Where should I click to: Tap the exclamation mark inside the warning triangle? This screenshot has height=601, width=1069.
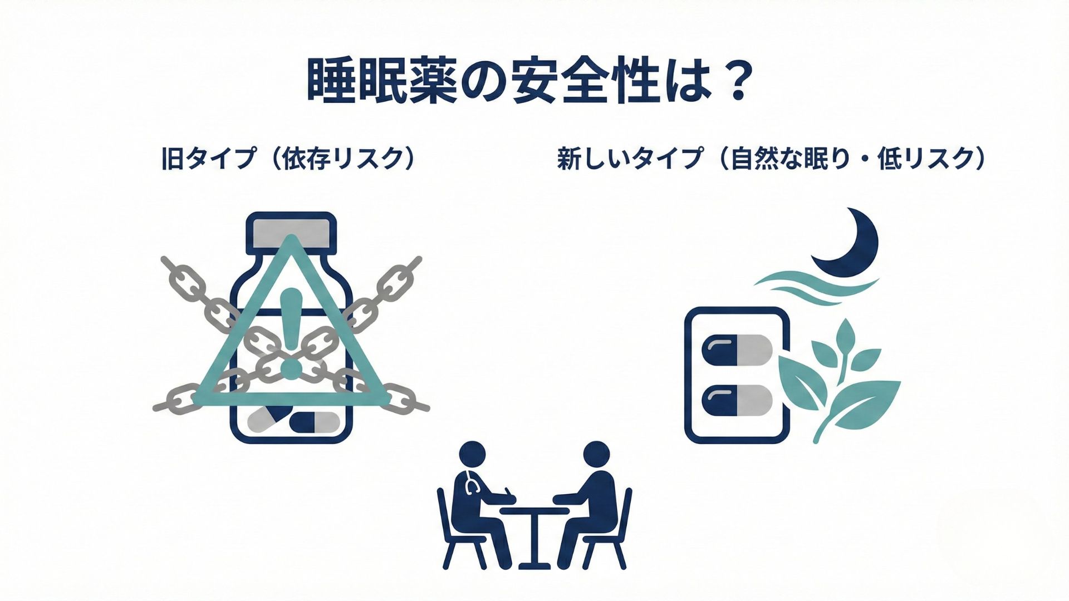click(x=290, y=334)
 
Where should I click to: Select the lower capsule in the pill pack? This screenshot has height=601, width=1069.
click(x=738, y=400)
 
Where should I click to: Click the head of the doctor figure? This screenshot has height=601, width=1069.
click(x=472, y=455)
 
